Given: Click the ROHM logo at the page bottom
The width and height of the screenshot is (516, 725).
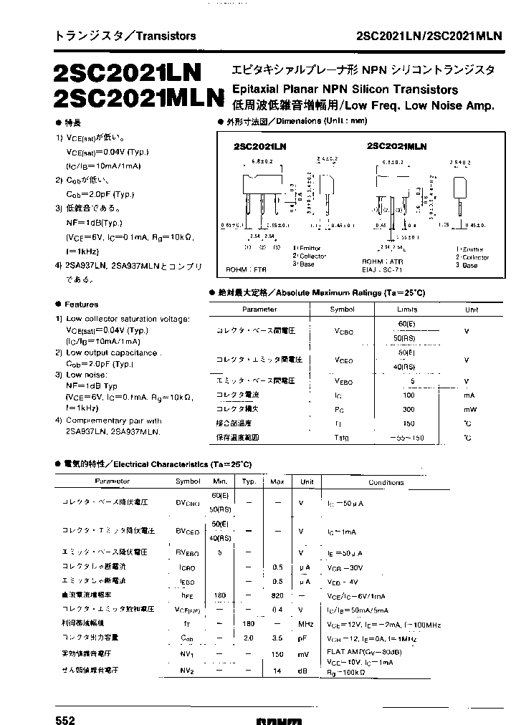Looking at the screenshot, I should [x=279, y=720].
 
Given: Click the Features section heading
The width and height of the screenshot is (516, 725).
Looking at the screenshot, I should [x=81, y=304].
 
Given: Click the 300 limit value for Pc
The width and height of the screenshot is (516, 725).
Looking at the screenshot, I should [x=409, y=409].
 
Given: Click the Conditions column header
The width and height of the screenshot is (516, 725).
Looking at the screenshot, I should [x=386, y=482].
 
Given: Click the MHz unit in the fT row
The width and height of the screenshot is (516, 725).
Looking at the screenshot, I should [x=307, y=623].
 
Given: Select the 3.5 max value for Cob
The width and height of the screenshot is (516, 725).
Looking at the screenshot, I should [x=277, y=637].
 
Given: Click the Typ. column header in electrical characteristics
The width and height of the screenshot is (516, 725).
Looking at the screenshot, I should [x=249, y=482].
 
